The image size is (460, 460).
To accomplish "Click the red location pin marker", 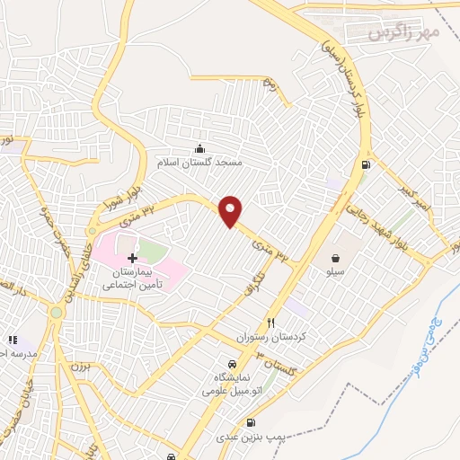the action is click(x=231, y=211).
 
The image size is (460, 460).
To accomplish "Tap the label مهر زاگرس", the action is click(x=404, y=32).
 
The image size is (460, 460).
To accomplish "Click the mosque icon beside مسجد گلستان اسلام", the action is click(x=199, y=149).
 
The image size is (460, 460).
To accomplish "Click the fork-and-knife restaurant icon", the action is click(x=270, y=323).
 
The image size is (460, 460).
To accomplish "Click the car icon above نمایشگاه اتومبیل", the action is click(x=232, y=364).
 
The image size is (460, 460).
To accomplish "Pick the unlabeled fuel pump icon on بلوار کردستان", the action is click(x=365, y=164).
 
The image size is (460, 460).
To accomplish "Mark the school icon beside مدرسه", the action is click(x=13, y=340).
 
